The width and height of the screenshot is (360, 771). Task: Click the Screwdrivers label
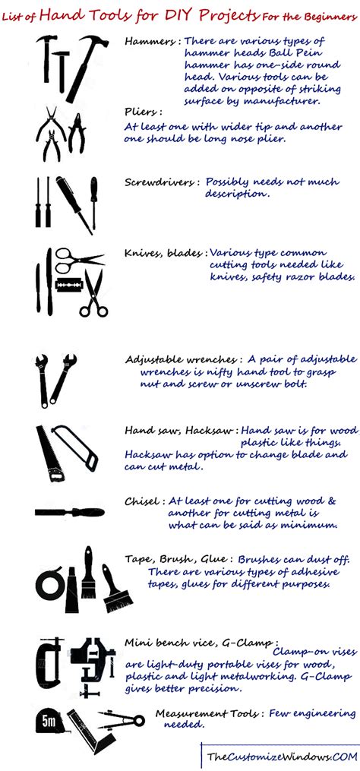(x=162, y=182)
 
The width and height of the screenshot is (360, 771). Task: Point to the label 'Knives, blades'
(x=164, y=254)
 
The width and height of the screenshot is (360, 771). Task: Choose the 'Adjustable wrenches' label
(x=183, y=358)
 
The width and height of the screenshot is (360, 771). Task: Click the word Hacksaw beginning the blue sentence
(x=150, y=454)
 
